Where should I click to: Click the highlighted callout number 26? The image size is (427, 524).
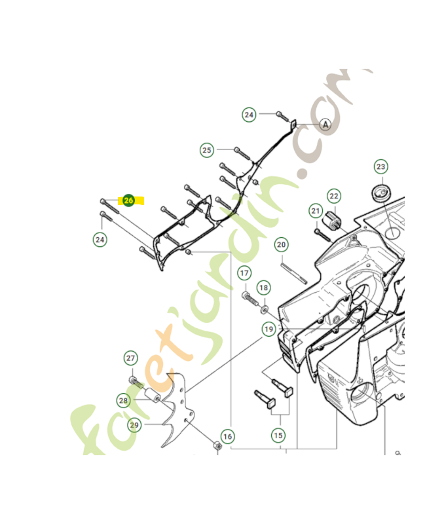coord(128,200)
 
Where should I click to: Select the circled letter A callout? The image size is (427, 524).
coord(325,124)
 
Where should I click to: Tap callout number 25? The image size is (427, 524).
coord(207,150)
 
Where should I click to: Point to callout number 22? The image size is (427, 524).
coord(334,196)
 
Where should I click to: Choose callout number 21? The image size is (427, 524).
coord(316,211)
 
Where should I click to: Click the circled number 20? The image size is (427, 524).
coord(281,245)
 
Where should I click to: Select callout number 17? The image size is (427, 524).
coord(244,272)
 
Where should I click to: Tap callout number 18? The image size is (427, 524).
coord(263,287)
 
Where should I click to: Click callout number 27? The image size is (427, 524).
coord(131,358)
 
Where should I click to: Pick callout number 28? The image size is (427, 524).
coord(124,400)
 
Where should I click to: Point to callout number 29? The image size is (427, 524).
coord(134,425)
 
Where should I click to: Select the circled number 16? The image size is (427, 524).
coord(227,436)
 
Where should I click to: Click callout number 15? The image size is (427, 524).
coord(278,435)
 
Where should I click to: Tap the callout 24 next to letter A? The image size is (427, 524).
coord(249,115)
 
